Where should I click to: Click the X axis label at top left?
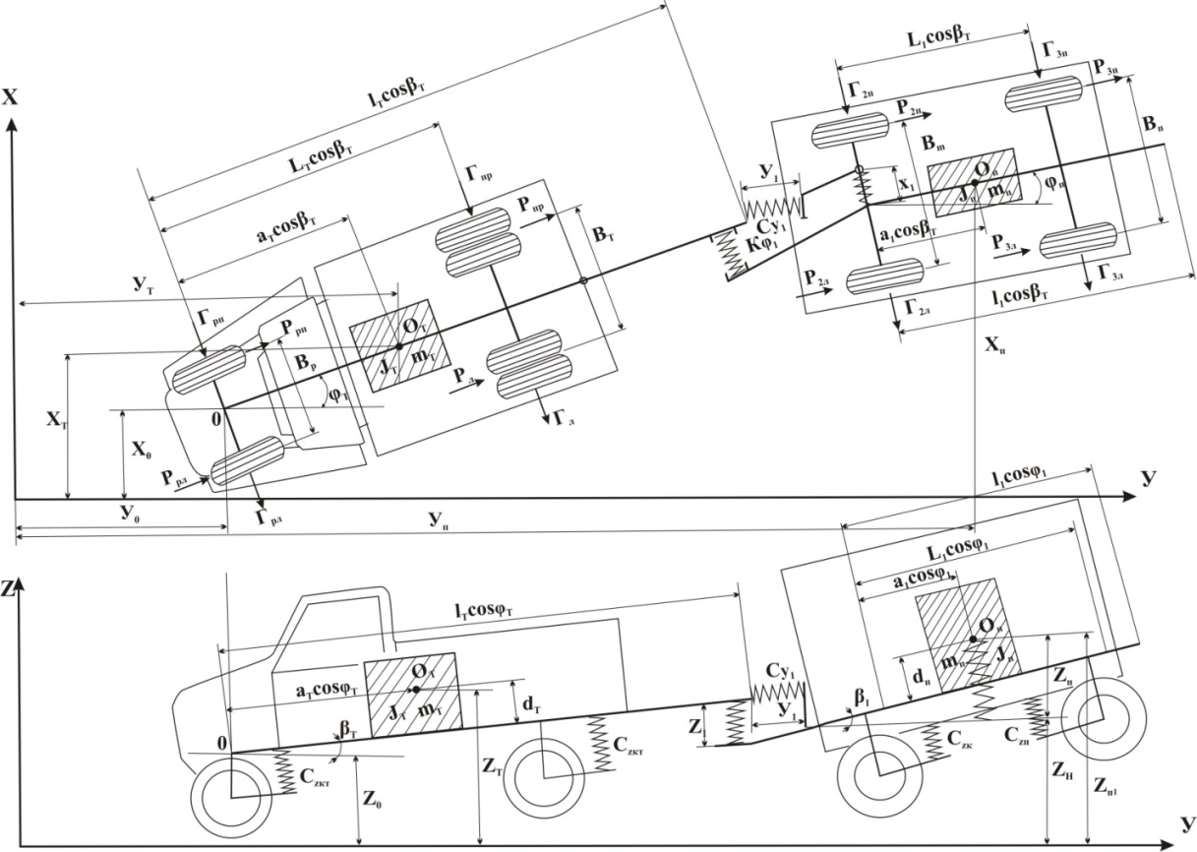[x=13, y=97]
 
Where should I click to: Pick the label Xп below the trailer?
[x=995, y=345]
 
